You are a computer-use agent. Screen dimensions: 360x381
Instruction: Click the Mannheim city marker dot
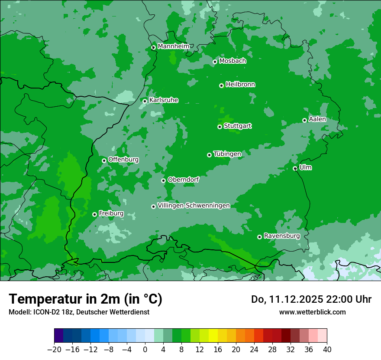[153, 48]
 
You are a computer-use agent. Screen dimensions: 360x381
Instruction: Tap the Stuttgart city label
[238, 126]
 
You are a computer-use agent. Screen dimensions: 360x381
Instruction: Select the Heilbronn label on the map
[240, 85]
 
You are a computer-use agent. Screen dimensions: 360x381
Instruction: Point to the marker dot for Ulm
[295, 169]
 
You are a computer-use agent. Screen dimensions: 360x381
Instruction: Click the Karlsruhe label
[164, 100]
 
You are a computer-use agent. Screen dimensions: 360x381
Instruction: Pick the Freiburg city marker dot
[94, 214]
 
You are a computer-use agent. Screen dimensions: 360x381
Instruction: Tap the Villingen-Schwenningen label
[194, 206]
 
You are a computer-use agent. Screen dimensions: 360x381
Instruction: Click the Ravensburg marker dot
[260, 237]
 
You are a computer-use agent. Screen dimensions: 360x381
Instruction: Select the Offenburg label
[123, 160]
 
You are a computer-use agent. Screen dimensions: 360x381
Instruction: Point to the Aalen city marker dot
[305, 121]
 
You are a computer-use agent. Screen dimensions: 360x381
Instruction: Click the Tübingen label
[227, 154]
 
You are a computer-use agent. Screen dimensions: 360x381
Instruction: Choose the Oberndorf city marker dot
[164, 180]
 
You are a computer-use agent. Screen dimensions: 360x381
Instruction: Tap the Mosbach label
[232, 61]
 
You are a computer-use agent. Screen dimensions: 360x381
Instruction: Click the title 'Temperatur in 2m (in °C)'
[85, 299]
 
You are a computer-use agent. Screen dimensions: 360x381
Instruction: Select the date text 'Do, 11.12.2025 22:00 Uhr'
[311, 299]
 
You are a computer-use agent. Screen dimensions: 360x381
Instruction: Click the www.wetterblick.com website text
[313, 312]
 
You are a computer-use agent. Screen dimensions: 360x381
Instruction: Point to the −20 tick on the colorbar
[54, 349]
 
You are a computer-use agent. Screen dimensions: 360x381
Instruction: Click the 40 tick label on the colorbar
[327, 349]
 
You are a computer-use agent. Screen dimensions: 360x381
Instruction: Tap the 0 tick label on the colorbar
[145, 349]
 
